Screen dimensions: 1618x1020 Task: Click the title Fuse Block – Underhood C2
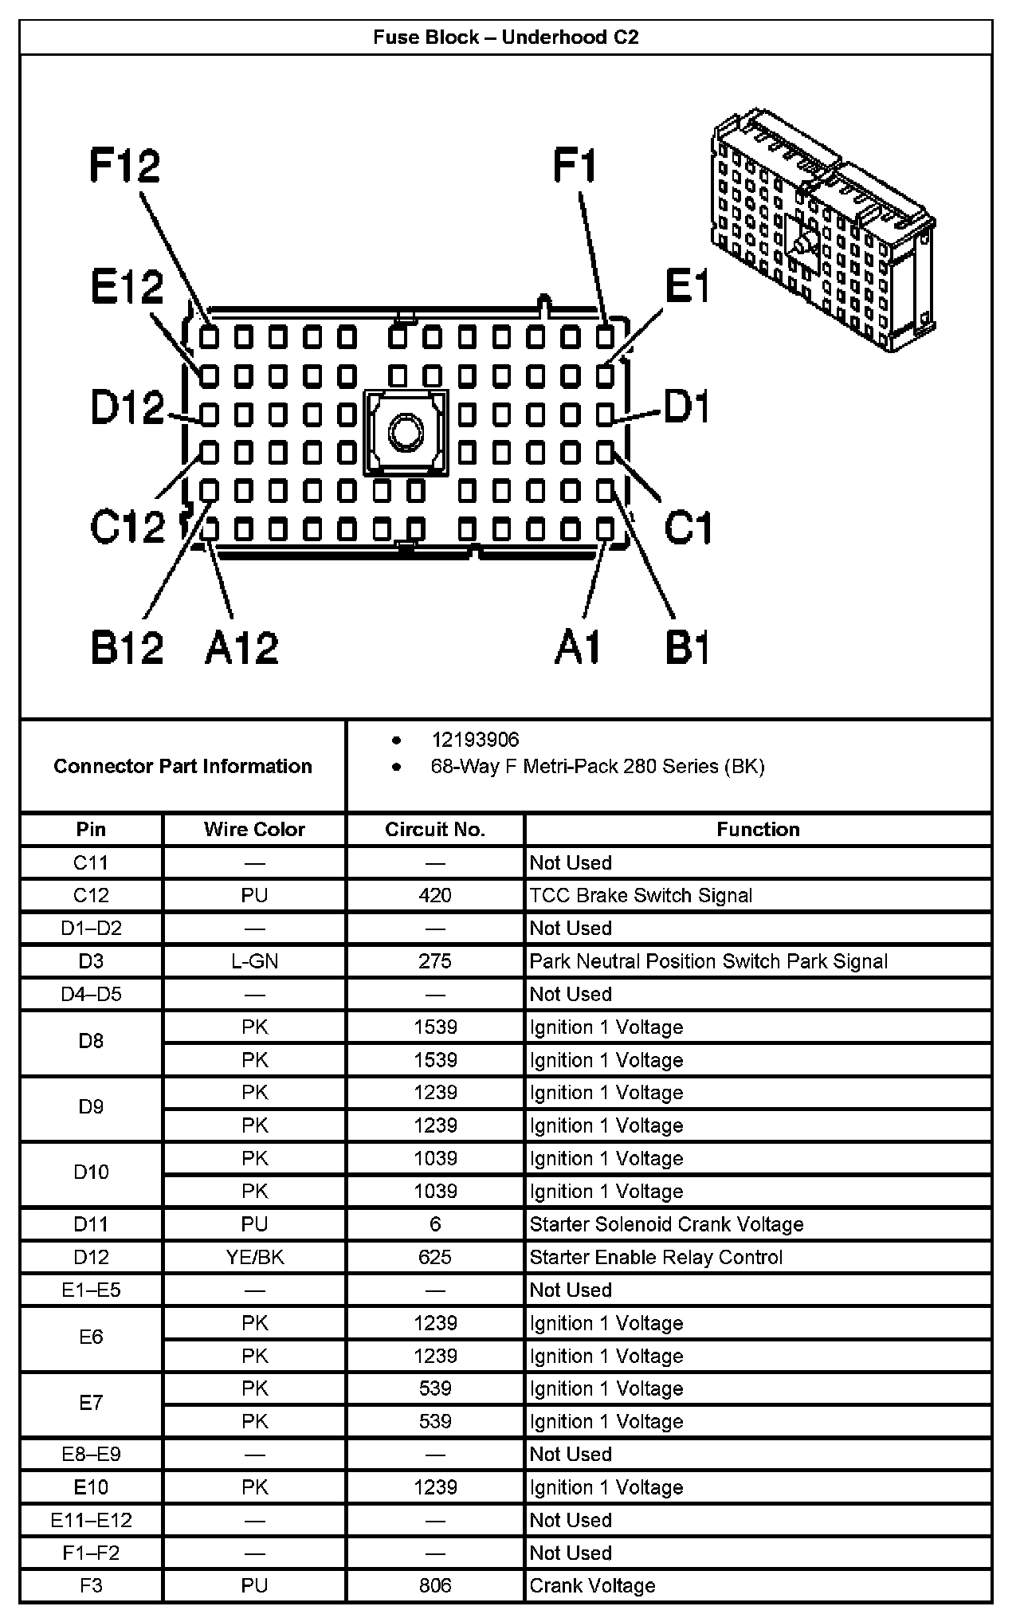point(506,37)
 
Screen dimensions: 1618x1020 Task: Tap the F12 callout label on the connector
point(125,167)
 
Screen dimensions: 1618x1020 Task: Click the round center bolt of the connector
point(406,433)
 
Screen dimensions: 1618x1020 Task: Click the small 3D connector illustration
point(822,230)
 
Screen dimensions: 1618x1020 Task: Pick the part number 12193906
point(475,740)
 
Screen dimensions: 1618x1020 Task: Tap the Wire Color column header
point(254,830)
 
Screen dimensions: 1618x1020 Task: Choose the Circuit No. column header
point(435,830)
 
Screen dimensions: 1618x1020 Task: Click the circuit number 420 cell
point(435,896)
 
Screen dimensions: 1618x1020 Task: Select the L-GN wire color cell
point(254,962)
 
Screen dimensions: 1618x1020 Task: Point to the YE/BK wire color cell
point(254,1258)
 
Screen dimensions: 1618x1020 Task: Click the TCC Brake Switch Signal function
point(641,896)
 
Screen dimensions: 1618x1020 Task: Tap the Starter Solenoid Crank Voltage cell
point(666,1225)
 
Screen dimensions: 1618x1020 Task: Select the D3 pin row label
point(91,962)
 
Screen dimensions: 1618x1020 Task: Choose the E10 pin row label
point(91,1488)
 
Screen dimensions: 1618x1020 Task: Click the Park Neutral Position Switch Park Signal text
point(708,962)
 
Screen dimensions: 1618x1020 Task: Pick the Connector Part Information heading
point(182,767)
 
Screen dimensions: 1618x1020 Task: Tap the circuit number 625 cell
point(435,1258)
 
